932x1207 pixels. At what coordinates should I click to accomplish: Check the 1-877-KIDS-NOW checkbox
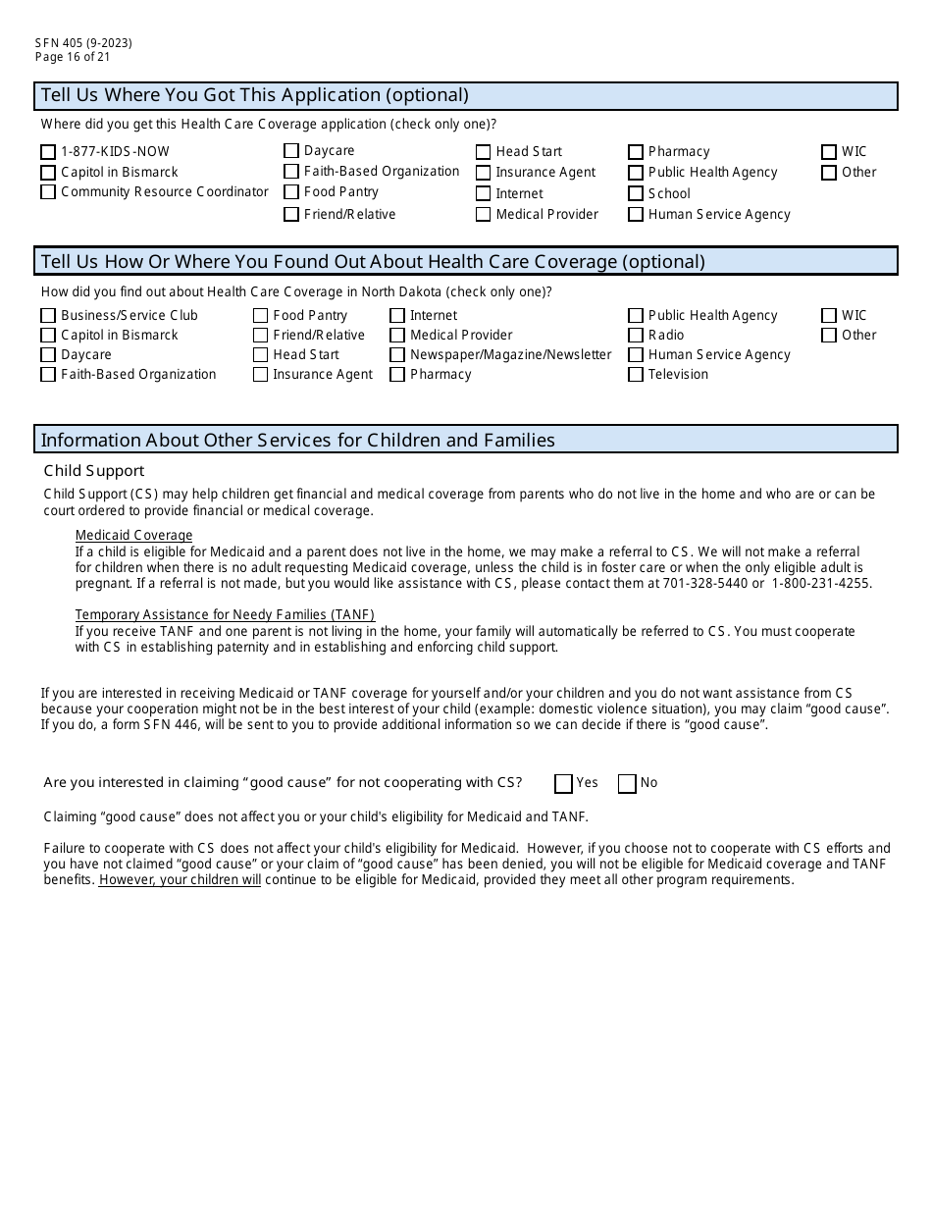48,152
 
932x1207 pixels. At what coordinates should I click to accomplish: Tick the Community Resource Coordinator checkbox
48,192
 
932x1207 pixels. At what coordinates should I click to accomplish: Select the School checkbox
636,194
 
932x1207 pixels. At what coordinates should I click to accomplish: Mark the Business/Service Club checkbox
48,316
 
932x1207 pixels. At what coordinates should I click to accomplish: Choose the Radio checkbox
636,336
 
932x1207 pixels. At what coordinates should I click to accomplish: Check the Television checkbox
636,375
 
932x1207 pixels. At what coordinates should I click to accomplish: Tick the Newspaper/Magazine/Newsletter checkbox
397,355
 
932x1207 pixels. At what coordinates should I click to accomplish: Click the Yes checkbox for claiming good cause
563,783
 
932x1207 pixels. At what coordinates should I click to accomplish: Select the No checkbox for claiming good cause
627,783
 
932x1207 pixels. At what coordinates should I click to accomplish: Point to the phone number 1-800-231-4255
821,583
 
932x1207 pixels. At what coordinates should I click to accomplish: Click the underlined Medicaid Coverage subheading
133,535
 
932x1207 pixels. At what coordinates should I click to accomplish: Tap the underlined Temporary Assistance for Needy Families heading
225,615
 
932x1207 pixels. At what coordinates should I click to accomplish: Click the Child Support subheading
94,471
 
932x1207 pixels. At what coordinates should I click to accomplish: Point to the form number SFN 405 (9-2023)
83,42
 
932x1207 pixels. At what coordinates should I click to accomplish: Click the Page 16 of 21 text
73,56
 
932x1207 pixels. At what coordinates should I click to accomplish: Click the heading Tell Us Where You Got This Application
254,95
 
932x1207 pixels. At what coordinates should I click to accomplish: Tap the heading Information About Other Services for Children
297,440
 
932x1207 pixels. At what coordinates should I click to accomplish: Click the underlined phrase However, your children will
180,880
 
